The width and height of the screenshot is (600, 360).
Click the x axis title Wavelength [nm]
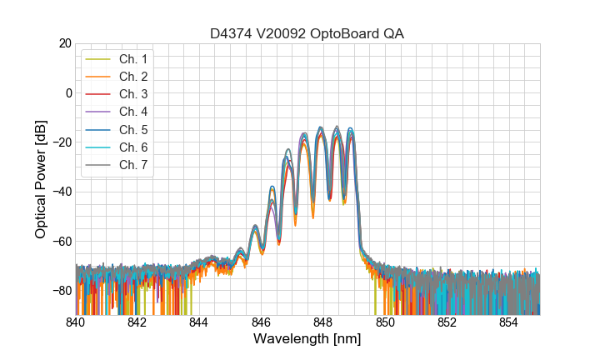307,340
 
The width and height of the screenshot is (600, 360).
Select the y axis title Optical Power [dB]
41,179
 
